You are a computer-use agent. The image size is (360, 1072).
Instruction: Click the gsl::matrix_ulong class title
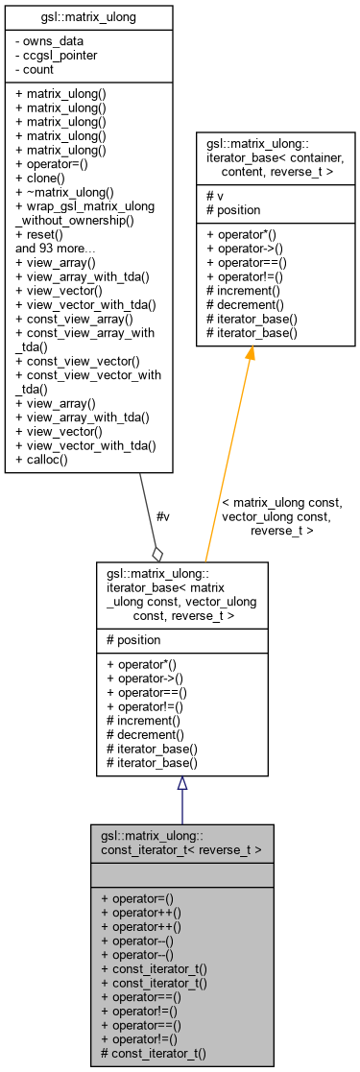88,16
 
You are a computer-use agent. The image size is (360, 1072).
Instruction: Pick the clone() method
42,179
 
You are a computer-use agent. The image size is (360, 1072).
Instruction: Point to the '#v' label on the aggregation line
163,516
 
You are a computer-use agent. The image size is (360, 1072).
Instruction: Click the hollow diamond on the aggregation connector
157,553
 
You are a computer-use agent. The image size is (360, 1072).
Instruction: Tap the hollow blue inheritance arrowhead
181,783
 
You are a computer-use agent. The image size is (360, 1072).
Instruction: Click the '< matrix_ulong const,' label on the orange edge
281,502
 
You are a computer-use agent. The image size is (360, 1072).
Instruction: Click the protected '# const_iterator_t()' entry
154,1054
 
